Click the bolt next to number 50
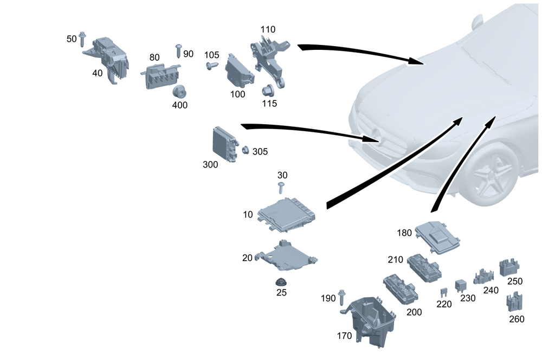tap(82, 39)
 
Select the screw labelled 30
tap(281, 188)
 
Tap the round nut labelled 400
tap(179, 92)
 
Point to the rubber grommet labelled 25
tap(281, 282)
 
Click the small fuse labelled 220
tap(444, 293)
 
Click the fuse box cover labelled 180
tap(437, 237)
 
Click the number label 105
tap(211, 55)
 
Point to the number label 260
tap(517, 319)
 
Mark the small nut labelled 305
tap(246, 150)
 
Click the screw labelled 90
tap(179, 51)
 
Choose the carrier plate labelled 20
tap(286, 257)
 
